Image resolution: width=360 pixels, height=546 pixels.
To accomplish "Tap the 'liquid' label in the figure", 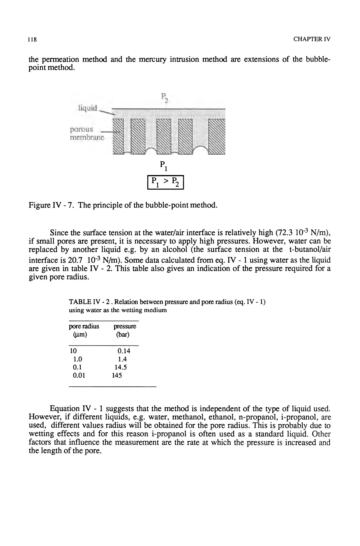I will pos(88,108).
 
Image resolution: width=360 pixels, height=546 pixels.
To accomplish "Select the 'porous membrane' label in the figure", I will pos(86,134).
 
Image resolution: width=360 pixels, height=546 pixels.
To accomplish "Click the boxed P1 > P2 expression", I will pos(166,183).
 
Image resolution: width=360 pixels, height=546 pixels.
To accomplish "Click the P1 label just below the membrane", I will pos(163,166).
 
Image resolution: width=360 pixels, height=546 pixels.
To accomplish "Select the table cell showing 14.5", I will pos(120,367).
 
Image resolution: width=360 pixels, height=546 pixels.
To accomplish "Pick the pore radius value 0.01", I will pos(79,376).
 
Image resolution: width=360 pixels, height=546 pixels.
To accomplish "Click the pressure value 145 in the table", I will pos(117,376).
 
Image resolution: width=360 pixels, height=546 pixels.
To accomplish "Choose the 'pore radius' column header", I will pos(84,327).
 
